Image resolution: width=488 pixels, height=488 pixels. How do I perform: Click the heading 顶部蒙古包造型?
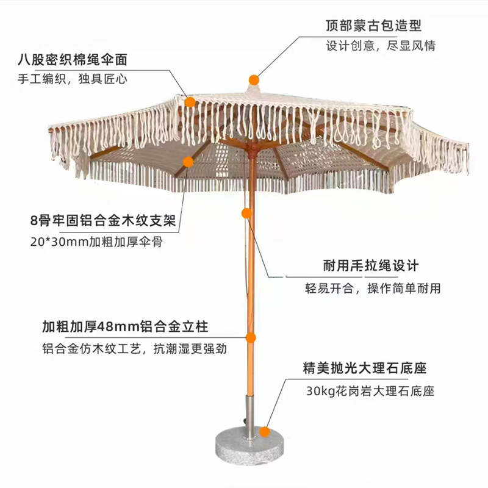tap(373, 26)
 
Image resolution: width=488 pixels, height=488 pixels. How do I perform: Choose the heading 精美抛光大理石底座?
tap(364, 369)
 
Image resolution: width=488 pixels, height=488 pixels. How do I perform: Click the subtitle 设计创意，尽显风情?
tap(380, 46)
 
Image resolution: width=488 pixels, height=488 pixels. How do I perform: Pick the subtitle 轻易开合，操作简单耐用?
tap(373, 288)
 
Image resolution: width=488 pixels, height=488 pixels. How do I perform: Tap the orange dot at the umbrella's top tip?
tap(254, 79)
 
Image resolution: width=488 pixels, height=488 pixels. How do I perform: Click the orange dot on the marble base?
tap(265, 431)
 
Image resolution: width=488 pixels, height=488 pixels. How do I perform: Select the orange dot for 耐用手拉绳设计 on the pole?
tap(246, 213)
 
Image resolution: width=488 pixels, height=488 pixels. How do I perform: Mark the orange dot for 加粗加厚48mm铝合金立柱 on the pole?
tap(250, 337)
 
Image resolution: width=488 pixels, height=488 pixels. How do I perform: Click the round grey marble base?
tap(250, 448)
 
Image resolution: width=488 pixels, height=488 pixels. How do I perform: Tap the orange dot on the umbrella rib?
tap(188, 162)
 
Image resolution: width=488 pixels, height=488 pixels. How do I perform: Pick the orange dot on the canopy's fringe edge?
tap(190, 102)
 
